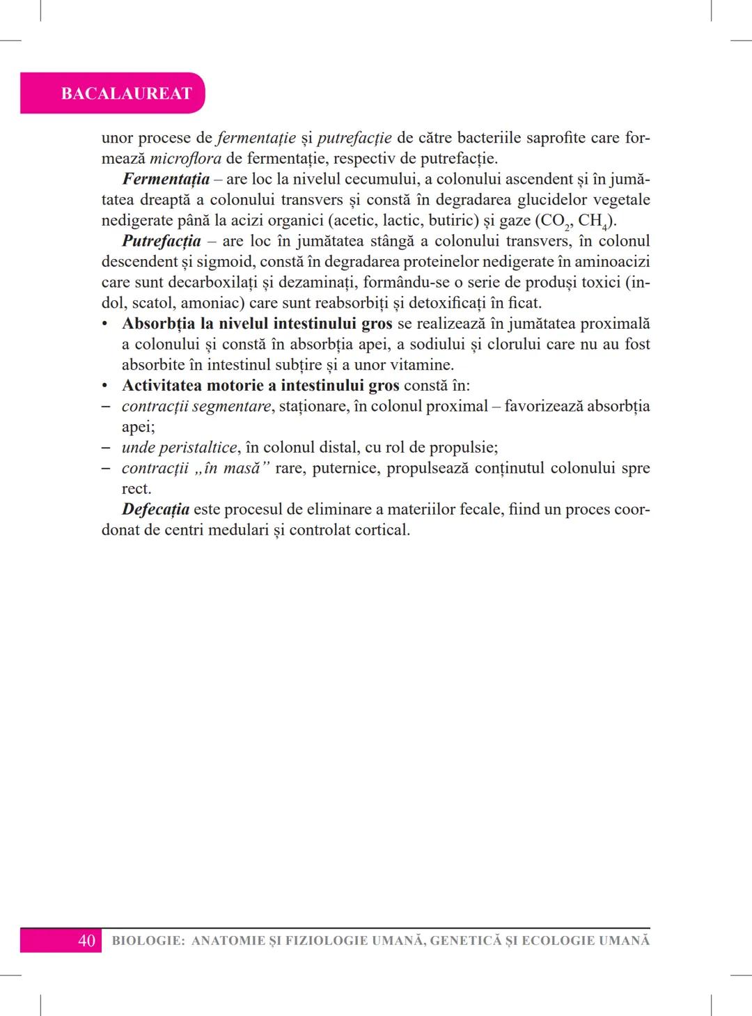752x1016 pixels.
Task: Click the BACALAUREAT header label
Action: pyautogui.click(x=126, y=93)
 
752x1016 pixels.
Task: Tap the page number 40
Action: pyautogui.click(x=86, y=941)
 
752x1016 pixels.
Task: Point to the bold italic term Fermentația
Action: pyautogui.click(x=166, y=179)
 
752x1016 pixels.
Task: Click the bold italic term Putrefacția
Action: pyautogui.click(x=162, y=241)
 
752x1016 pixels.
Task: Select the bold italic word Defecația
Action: pyautogui.click(x=155, y=509)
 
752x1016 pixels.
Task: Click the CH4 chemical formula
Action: pyautogui.click(x=593, y=221)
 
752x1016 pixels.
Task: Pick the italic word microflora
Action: pyautogui.click(x=186, y=158)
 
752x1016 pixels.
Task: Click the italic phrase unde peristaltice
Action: pyautogui.click(x=179, y=447)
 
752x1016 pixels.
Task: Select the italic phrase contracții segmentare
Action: pyautogui.click(x=196, y=406)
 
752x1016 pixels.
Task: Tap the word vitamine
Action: pyautogui.click(x=422, y=365)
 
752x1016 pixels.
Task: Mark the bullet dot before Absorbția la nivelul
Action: pyautogui.click(x=105, y=325)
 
